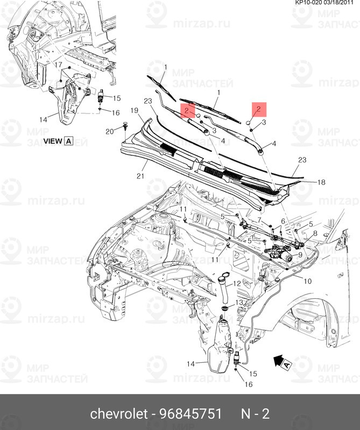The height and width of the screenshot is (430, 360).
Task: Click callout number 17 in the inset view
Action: tap(54, 64)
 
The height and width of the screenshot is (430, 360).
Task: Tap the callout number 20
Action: tap(109, 131)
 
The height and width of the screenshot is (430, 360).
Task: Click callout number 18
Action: tap(321, 183)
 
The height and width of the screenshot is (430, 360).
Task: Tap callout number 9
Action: tap(300, 254)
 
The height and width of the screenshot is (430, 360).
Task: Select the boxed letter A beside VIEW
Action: tap(68, 141)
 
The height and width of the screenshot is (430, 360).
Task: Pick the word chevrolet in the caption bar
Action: tap(118, 414)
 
